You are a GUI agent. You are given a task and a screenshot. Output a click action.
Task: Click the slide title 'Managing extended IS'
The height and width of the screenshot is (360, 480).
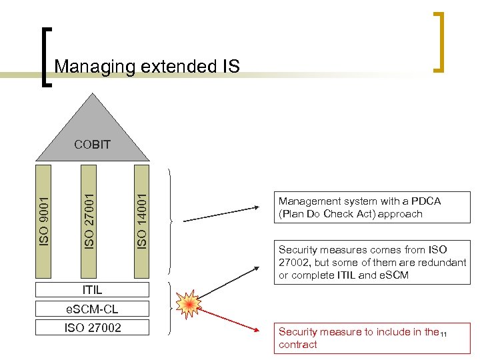[147, 66]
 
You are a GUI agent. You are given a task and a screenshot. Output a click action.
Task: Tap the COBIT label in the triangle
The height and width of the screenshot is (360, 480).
[92, 144]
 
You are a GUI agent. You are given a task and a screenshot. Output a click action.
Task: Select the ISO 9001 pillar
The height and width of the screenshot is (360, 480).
[44, 220]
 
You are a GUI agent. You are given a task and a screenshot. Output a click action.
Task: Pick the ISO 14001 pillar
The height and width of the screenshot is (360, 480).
[141, 220]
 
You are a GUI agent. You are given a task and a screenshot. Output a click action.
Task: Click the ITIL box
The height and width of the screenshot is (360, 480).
[92, 291]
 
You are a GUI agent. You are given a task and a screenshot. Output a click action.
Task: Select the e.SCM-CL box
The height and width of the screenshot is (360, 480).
[92, 309]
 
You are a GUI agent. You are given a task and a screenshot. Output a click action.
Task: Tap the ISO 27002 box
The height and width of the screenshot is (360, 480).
[92, 327]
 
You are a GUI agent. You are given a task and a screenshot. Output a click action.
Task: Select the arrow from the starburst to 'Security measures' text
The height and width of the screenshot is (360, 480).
[233, 283]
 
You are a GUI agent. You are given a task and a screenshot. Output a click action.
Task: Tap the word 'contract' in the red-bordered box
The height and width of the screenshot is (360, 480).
[297, 345]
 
